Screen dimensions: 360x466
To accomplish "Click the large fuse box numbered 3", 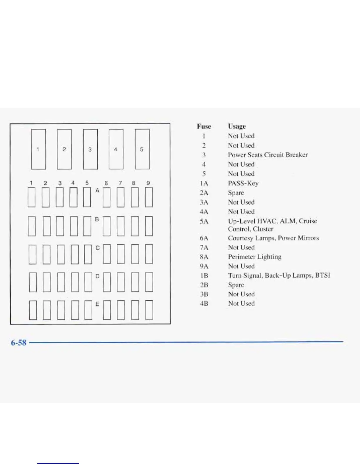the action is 90,149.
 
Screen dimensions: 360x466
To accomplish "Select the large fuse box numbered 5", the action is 142,149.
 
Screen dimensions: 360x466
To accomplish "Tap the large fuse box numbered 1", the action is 39,149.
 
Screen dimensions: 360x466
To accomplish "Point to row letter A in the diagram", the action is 97,191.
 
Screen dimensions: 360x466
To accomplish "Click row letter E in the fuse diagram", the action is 97,304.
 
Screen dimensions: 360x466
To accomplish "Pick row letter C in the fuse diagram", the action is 97,248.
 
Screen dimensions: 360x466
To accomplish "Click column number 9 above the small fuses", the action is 148,183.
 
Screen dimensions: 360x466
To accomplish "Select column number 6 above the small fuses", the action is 106,183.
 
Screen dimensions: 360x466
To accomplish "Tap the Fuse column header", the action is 204,127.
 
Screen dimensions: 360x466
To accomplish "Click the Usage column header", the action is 237,127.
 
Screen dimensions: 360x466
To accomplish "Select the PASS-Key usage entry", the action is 243,183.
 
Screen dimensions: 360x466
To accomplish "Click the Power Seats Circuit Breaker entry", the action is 268,155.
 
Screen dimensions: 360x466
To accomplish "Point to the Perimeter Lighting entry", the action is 254,257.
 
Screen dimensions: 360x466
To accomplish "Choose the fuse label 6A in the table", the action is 204,238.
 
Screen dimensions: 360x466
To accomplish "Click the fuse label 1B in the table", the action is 204,276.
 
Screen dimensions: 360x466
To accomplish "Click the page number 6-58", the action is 19,343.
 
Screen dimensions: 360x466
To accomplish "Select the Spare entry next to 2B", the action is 236,285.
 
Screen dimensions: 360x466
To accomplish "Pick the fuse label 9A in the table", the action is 204,266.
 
